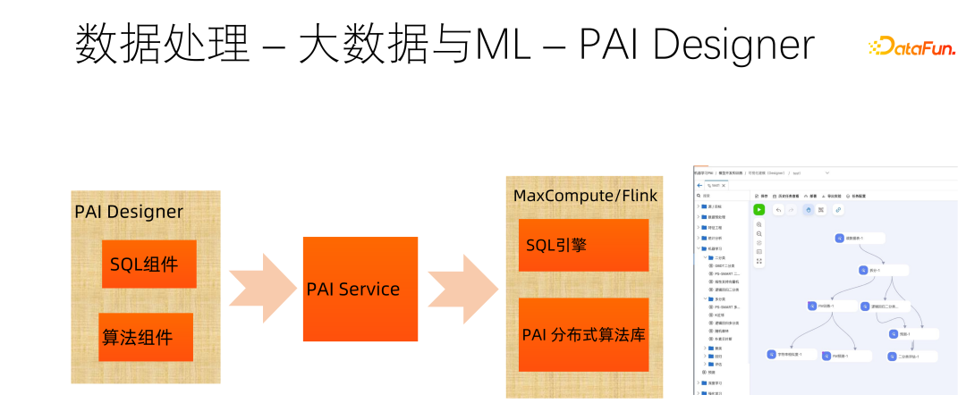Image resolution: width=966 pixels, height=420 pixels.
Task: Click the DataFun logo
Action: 911,46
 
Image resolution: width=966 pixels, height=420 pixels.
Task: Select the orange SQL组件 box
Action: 148,264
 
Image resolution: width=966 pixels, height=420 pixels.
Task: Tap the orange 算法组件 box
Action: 146,337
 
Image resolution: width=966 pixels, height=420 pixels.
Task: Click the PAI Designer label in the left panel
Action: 129,212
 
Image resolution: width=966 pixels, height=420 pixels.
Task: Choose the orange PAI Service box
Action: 360,289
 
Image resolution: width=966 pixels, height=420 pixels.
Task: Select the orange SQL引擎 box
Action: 583,245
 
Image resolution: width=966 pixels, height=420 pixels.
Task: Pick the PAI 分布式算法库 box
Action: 583,335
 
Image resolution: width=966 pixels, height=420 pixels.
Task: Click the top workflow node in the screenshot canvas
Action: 860,238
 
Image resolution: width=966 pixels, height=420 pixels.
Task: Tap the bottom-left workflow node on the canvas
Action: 784,355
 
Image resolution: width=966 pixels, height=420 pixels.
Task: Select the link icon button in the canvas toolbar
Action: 837,209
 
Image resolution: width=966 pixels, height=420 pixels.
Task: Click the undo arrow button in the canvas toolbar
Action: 778,209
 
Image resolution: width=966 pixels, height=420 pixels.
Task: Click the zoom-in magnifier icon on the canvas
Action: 759,224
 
